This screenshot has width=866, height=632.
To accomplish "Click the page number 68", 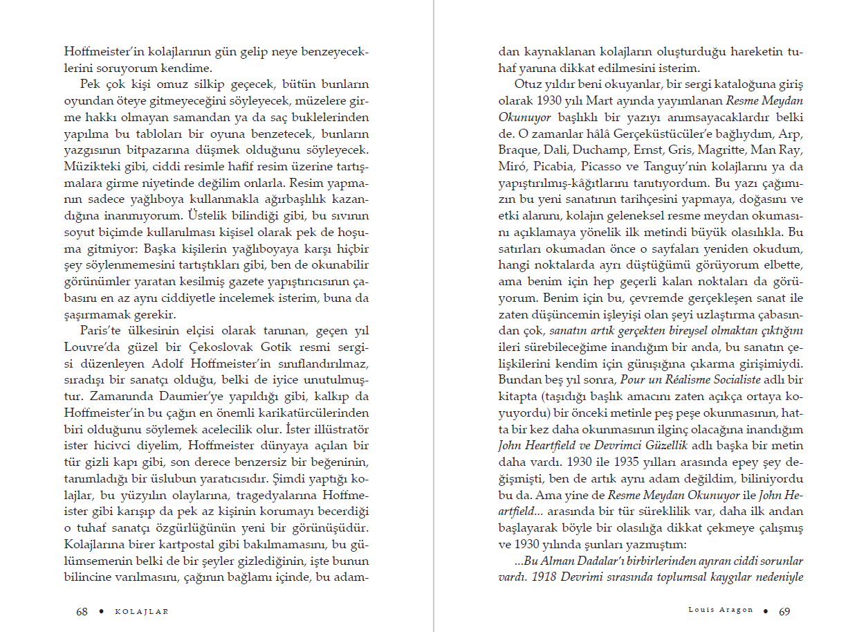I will (82, 611).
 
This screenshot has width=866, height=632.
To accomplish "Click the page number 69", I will (784, 611).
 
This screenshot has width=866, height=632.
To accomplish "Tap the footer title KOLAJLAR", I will (141, 612).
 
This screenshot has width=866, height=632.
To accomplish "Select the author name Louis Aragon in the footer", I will (720, 611).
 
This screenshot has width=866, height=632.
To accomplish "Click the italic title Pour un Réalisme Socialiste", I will (690, 379).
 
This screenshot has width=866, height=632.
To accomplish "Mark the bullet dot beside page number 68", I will (102, 611).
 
